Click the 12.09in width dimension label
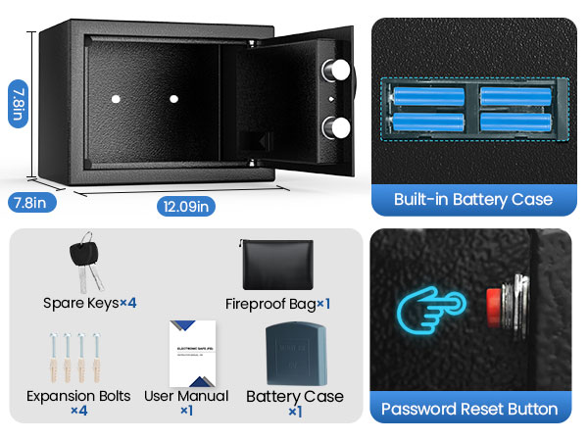pyautogui.click(x=184, y=206)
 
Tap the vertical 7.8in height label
pyautogui.click(x=16, y=103)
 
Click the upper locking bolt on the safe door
pyautogui.click(x=338, y=71)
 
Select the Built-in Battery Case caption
pyautogui.click(x=472, y=199)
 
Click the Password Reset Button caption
pyautogui.click(x=469, y=409)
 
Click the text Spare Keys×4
pyautogui.click(x=89, y=303)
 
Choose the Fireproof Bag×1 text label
pyautogui.click(x=277, y=304)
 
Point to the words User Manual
pyautogui.click(x=186, y=396)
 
